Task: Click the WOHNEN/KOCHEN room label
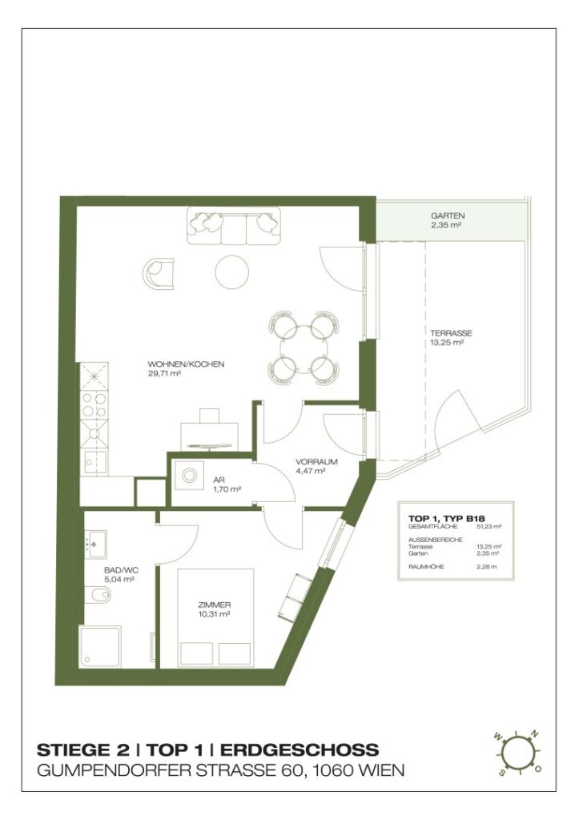pos(186,364)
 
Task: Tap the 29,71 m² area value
pos(163,373)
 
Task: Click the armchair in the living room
pos(160,273)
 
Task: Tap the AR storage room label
pos(219,479)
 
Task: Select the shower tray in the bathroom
pos(102,645)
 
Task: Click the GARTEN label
pos(447,216)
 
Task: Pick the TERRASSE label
pos(450,333)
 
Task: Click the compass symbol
pos(518,753)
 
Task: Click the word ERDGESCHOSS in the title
pos(299,750)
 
